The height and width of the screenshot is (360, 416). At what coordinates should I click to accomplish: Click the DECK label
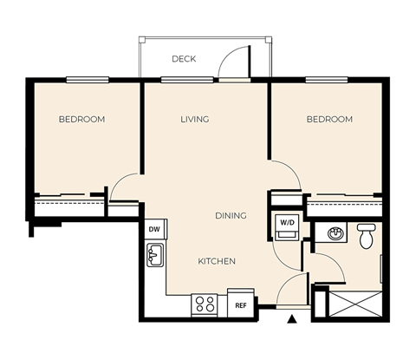click(x=183, y=59)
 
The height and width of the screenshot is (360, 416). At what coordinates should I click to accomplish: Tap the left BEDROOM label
click(x=81, y=119)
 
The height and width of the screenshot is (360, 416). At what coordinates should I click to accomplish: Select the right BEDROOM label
click(x=329, y=119)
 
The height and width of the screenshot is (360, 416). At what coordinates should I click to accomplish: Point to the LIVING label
click(x=195, y=119)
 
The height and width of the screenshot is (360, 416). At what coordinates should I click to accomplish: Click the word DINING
click(x=231, y=215)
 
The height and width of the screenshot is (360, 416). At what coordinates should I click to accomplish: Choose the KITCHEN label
click(x=217, y=261)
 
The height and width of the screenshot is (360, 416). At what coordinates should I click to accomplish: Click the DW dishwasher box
click(x=155, y=229)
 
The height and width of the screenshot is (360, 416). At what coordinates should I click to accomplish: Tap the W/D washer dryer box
click(x=285, y=222)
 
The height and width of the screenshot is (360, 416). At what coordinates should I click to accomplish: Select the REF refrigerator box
click(x=240, y=304)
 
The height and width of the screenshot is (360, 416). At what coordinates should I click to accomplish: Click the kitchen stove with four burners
click(x=205, y=304)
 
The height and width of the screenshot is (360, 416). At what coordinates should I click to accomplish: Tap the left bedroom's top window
click(x=92, y=81)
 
